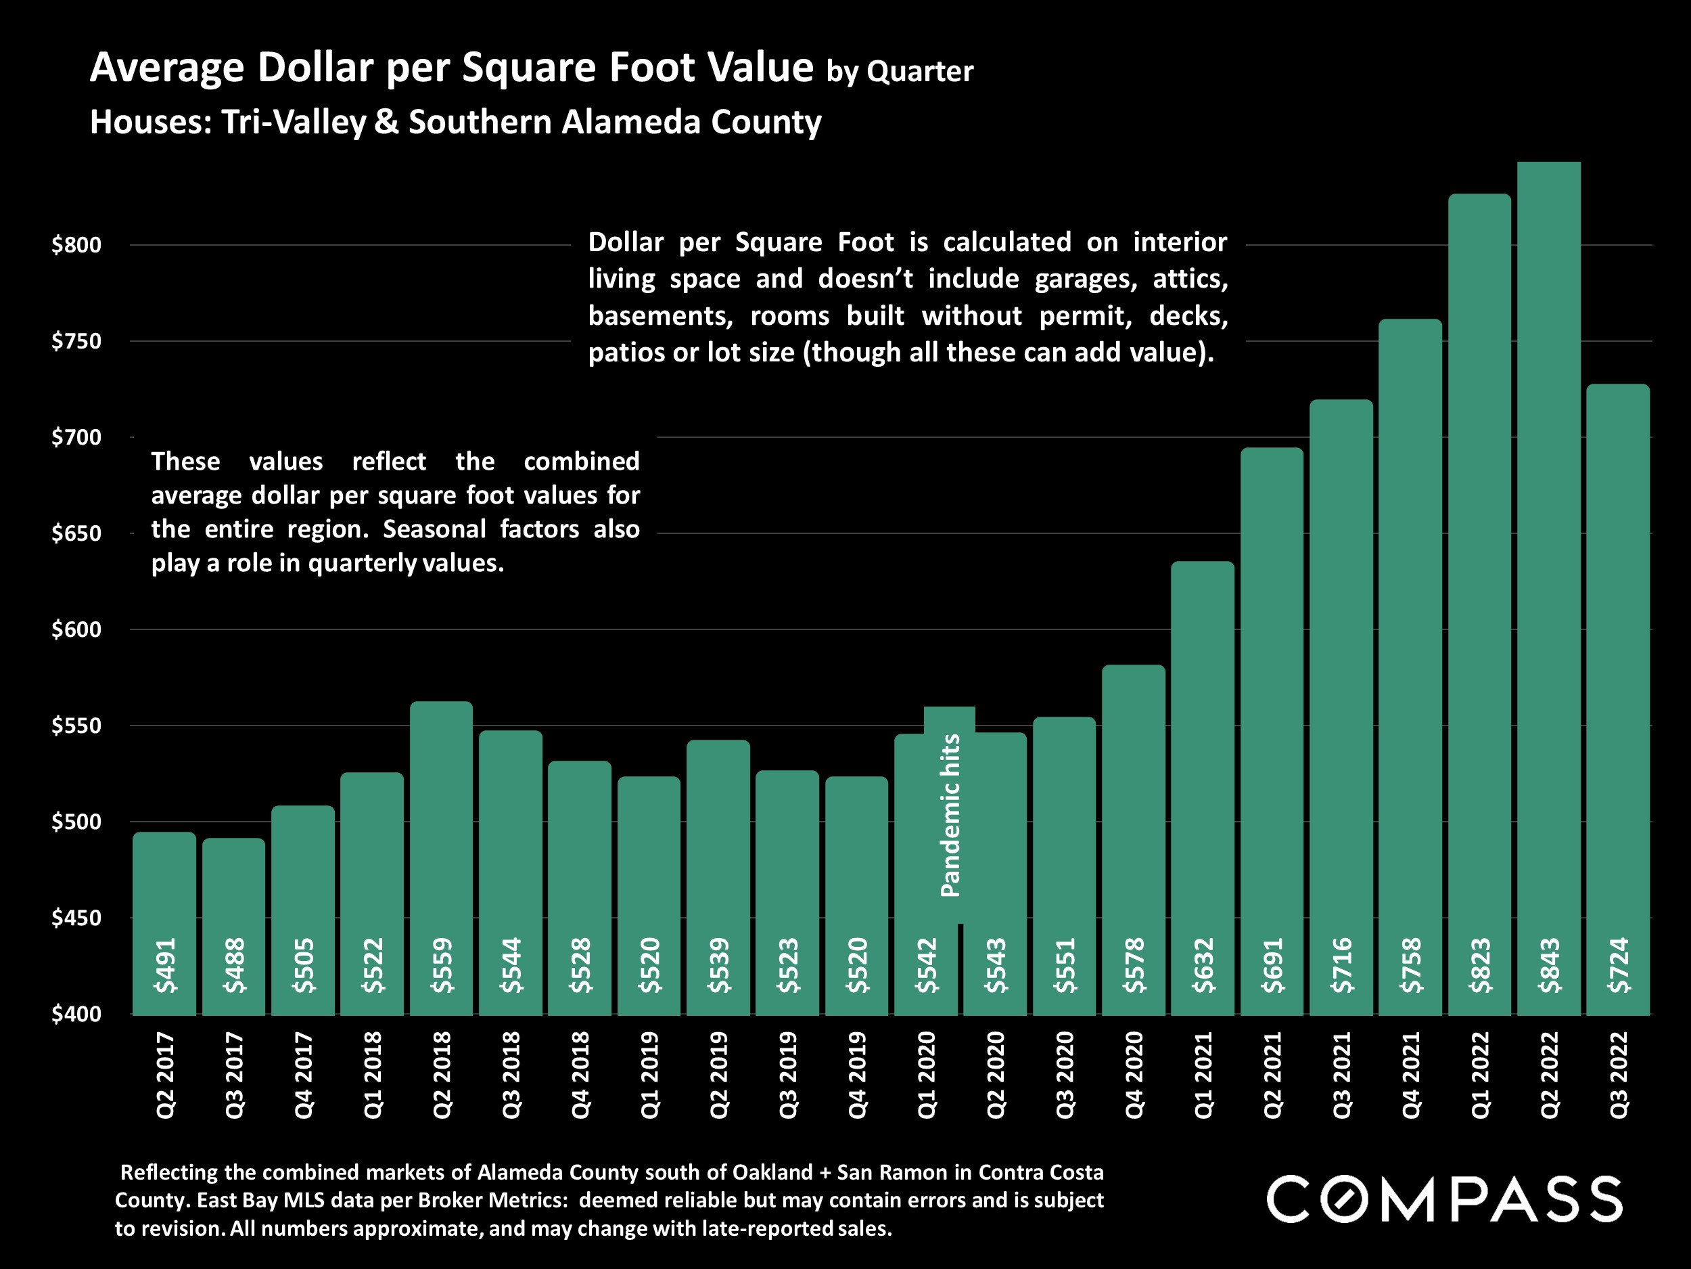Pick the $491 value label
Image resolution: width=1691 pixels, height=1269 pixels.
click(165, 965)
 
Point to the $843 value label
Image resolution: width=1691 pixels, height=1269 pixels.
click(1550, 965)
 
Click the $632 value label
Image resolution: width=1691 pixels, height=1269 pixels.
click(1203, 965)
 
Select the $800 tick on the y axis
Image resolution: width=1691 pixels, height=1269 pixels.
click(76, 246)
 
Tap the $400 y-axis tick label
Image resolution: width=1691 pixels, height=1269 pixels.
click(76, 1015)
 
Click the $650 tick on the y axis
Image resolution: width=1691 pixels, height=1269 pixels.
click(76, 534)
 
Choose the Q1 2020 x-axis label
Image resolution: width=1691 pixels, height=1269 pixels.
click(927, 1075)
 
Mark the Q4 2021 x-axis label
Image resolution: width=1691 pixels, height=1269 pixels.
click(1410, 1075)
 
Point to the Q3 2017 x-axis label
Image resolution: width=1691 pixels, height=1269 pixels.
click(235, 1075)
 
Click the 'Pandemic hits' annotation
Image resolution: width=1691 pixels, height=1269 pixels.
click(950, 816)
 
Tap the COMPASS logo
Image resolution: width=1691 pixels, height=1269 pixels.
click(1443, 1199)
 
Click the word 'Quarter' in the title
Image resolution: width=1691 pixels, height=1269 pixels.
click(921, 72)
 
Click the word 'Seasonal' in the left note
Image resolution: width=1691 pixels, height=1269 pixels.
click(434, 529)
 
